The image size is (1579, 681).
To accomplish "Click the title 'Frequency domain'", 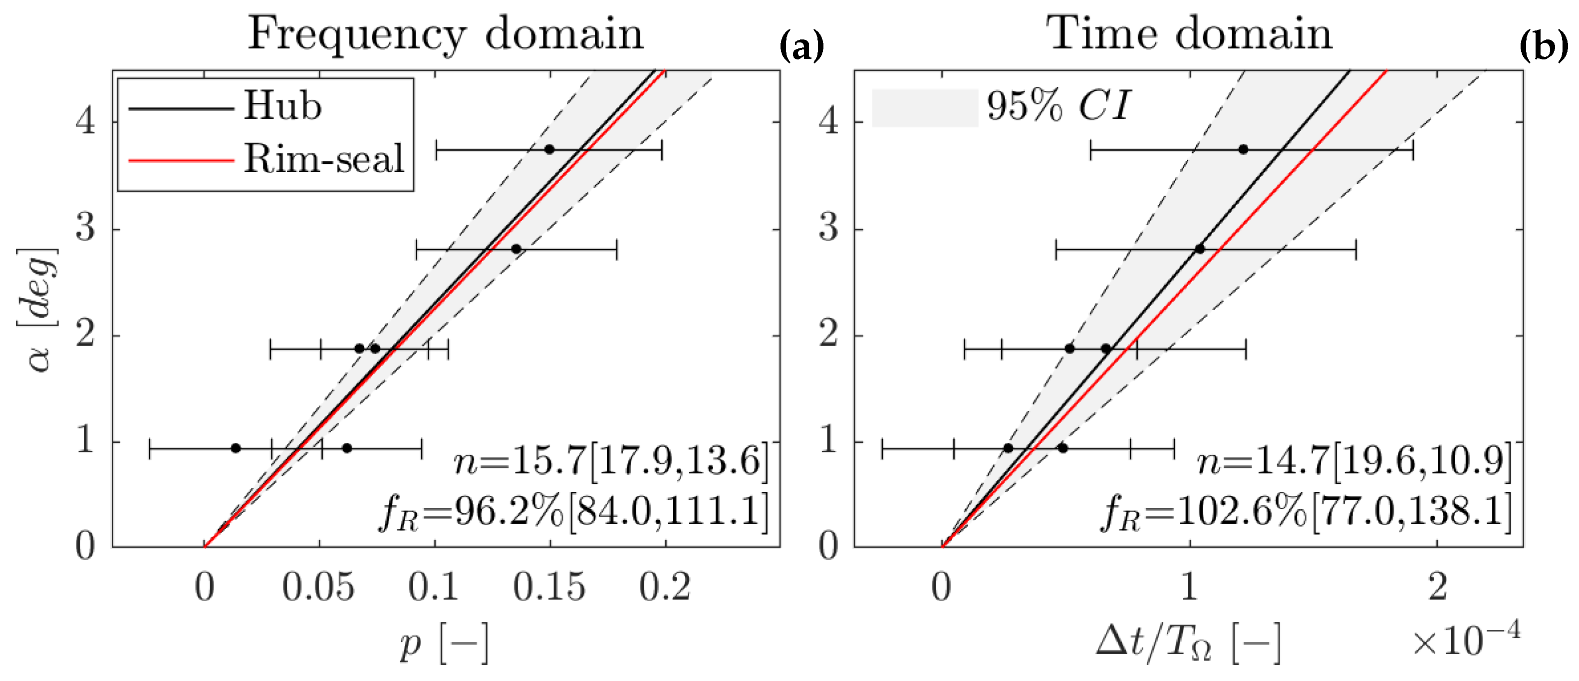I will [446, 34].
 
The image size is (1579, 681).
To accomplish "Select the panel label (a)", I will [801, 46].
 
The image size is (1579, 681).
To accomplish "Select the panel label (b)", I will [1544, 46].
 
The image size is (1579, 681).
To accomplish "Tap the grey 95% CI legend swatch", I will [924, 108].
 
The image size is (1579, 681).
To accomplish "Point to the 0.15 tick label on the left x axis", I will [549, 587].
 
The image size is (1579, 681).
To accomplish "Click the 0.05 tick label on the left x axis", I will [319, 587].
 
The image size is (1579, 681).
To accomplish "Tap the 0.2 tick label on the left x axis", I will [665, 587].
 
